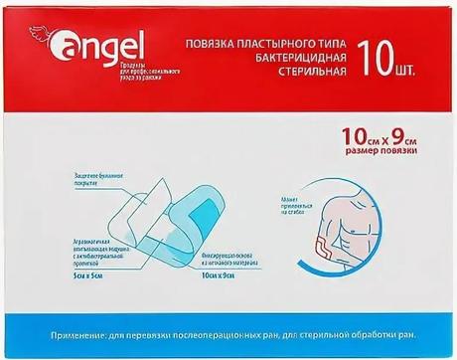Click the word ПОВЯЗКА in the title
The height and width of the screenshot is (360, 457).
(215, 45)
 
